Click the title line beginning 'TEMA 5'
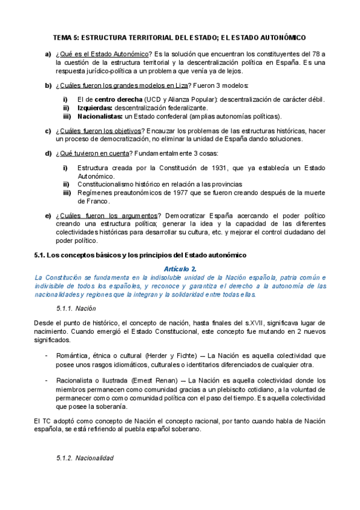[x=180, y=37]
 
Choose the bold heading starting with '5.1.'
[x=132, y=256]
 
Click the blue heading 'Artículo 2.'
[x=180, y=268]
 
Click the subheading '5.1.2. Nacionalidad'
[x=84, y=458]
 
